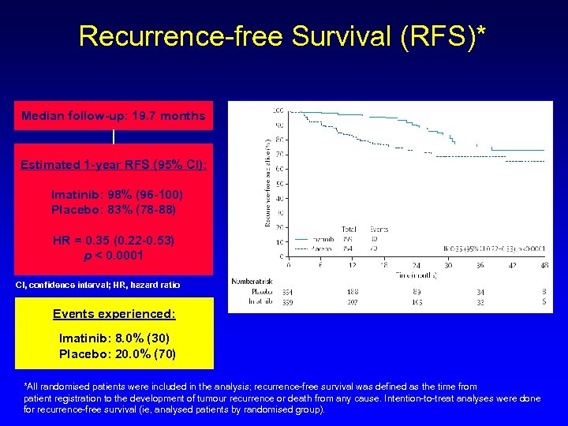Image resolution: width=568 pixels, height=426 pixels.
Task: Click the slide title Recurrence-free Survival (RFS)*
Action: tap(282, 36)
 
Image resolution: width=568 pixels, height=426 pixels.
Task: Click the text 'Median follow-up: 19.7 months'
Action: tap(114, 116)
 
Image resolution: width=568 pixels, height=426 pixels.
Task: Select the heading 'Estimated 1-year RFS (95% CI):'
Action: tap(114, 165)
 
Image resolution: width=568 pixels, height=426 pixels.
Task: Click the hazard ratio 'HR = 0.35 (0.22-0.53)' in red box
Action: tap(114, 240)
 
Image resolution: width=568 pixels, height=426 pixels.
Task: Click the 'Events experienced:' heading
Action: tap(114, 314)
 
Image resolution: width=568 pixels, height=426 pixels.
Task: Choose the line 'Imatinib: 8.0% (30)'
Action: tap(114, 338)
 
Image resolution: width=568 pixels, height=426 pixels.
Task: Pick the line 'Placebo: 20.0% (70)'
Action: tap(118, 353)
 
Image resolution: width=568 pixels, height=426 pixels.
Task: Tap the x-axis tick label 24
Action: tap(416, 266)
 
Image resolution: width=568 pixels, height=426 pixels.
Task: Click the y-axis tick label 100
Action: tap(278, 110)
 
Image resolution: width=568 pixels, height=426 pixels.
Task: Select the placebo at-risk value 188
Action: tap(352, 292)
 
